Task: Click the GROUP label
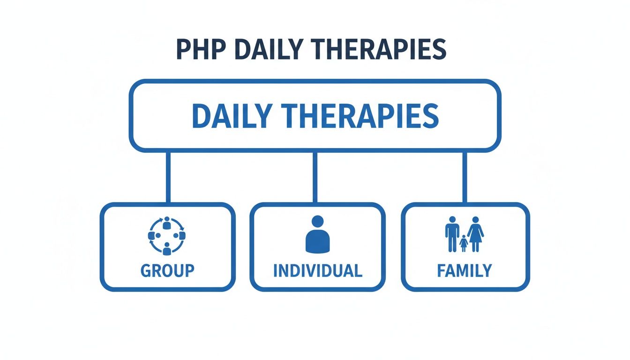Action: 167,270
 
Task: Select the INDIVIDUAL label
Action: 317,270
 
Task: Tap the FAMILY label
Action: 465,270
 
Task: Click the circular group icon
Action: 167,236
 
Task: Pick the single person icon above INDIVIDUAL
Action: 317,234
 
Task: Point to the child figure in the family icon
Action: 464,243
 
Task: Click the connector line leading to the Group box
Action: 168,177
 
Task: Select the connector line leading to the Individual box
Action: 315,177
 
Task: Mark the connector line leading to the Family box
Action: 465,177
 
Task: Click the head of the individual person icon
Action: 317,221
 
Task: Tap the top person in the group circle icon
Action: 167,225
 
